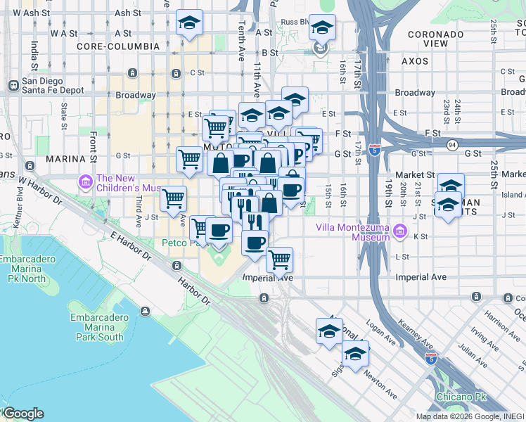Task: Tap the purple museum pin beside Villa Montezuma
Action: pyautogui.click(x=400, y=230)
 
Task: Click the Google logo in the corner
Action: pyautogui.click(x=23, y=414)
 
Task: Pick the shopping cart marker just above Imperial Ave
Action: pyautogui.click(x=280, y=260)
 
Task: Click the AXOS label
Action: pyautogui.click(x=415, y=61)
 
